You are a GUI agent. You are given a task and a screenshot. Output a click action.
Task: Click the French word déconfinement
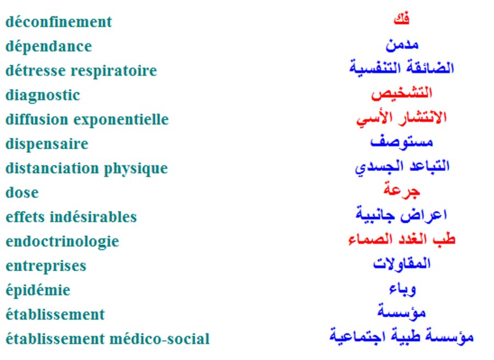(59, 22)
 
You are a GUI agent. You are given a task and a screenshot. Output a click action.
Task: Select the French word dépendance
(49, 47)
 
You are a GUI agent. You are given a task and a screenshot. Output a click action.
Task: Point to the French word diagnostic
(43, 95)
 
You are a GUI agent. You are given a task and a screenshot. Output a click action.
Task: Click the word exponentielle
(121, 120)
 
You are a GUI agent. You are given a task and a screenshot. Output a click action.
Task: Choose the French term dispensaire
(47, 144)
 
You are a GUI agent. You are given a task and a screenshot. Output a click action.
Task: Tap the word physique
(136, 168)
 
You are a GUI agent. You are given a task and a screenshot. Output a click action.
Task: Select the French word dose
(22, 193)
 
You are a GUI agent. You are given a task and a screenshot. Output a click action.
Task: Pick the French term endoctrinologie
(63, 241)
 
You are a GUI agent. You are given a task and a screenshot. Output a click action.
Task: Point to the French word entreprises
(46, 266)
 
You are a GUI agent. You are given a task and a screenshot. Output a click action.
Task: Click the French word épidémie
(38, 290)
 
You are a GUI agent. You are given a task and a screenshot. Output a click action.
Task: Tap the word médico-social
(159, 339)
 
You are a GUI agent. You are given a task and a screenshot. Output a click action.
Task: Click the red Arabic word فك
(401, 19)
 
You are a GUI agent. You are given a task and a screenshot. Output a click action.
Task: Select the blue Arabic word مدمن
(402, 45)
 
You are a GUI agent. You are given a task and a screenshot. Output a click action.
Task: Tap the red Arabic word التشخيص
(402, 93)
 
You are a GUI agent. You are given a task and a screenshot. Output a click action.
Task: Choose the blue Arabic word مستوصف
(402, 142)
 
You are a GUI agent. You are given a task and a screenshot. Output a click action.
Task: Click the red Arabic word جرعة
(402, 190)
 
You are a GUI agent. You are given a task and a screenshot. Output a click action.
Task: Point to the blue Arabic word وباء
(402, 289)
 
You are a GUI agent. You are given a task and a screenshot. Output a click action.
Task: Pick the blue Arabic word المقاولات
(402, 263)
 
